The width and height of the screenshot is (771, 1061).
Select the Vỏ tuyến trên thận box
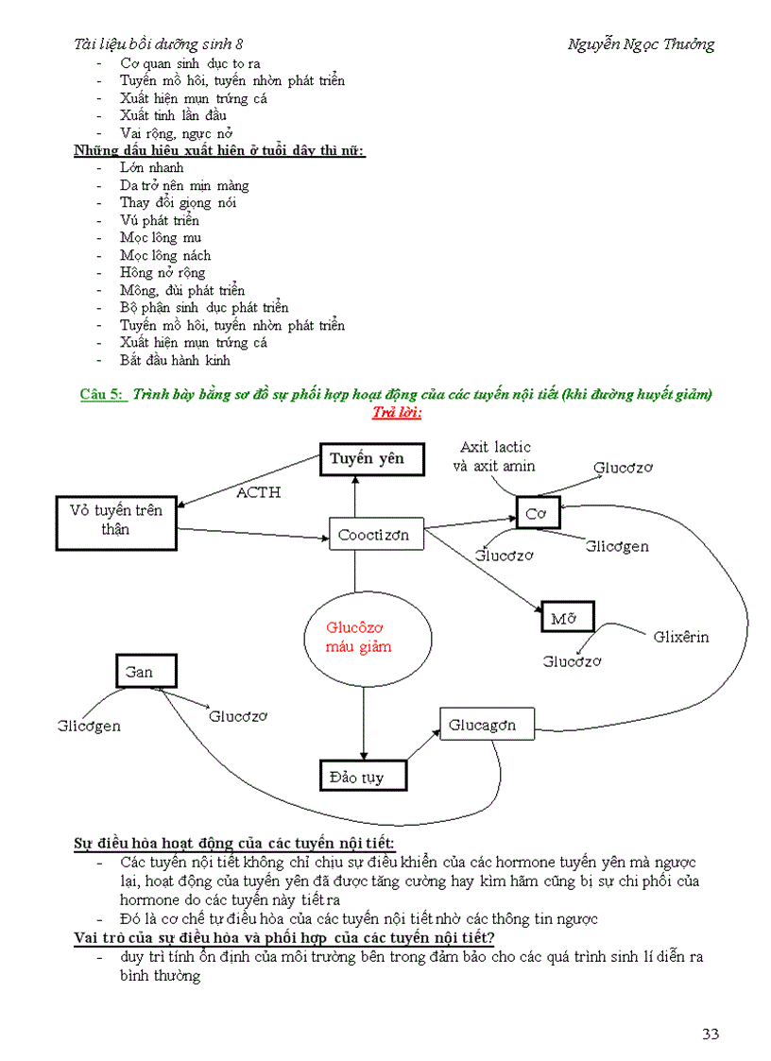click(116, 520)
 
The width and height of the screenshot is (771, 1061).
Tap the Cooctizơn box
click(374, 534)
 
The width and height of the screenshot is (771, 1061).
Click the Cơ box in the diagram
click(538, 512)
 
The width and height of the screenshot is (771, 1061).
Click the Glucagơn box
click(487, 725)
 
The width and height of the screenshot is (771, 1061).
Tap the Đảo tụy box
click(363, 777)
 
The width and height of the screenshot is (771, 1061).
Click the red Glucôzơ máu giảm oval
click(359, 637)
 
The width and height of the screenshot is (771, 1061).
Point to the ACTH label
click(258, 492)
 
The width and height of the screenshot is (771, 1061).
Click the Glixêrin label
click(680, 636)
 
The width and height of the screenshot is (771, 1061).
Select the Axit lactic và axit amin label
click(496, 456)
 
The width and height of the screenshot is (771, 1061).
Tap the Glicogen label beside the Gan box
click(89, 727)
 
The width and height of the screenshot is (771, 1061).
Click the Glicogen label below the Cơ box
click(617, 546)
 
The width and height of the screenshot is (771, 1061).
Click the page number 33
click(711, 1034)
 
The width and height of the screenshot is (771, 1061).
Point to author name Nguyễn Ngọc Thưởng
click(641, 44)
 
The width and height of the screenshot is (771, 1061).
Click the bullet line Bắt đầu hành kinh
click(175, 360)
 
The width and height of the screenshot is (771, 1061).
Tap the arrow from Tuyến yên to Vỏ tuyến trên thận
click(250, 479)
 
